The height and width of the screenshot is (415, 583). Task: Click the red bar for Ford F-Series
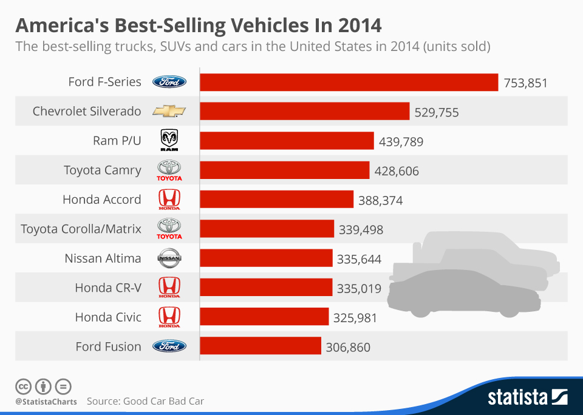[349, 82]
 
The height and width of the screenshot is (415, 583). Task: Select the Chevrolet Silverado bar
[305, 112]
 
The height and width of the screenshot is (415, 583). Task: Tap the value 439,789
[401, 141]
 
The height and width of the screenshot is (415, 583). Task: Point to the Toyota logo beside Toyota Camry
[169, 170]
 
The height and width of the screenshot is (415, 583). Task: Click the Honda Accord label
[101, 200]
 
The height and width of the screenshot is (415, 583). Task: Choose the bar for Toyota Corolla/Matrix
[267, 229]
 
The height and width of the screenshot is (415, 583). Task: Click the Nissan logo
[169, 258]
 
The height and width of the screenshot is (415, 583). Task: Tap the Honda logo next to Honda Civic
[169, 317]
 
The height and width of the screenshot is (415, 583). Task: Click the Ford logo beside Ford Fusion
[169, 346]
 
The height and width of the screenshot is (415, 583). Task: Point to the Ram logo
[169, 141]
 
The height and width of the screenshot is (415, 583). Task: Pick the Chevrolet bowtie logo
[169, 112]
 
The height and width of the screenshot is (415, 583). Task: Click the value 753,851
[525, 83]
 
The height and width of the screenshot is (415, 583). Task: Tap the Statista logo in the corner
[528, 397]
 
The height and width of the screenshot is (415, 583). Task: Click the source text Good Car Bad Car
[163, 401]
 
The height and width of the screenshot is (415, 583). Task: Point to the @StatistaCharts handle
[46, 402]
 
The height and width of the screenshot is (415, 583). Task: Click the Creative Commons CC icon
[24, 386]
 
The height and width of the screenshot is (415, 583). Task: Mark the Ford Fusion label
[108, 346]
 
